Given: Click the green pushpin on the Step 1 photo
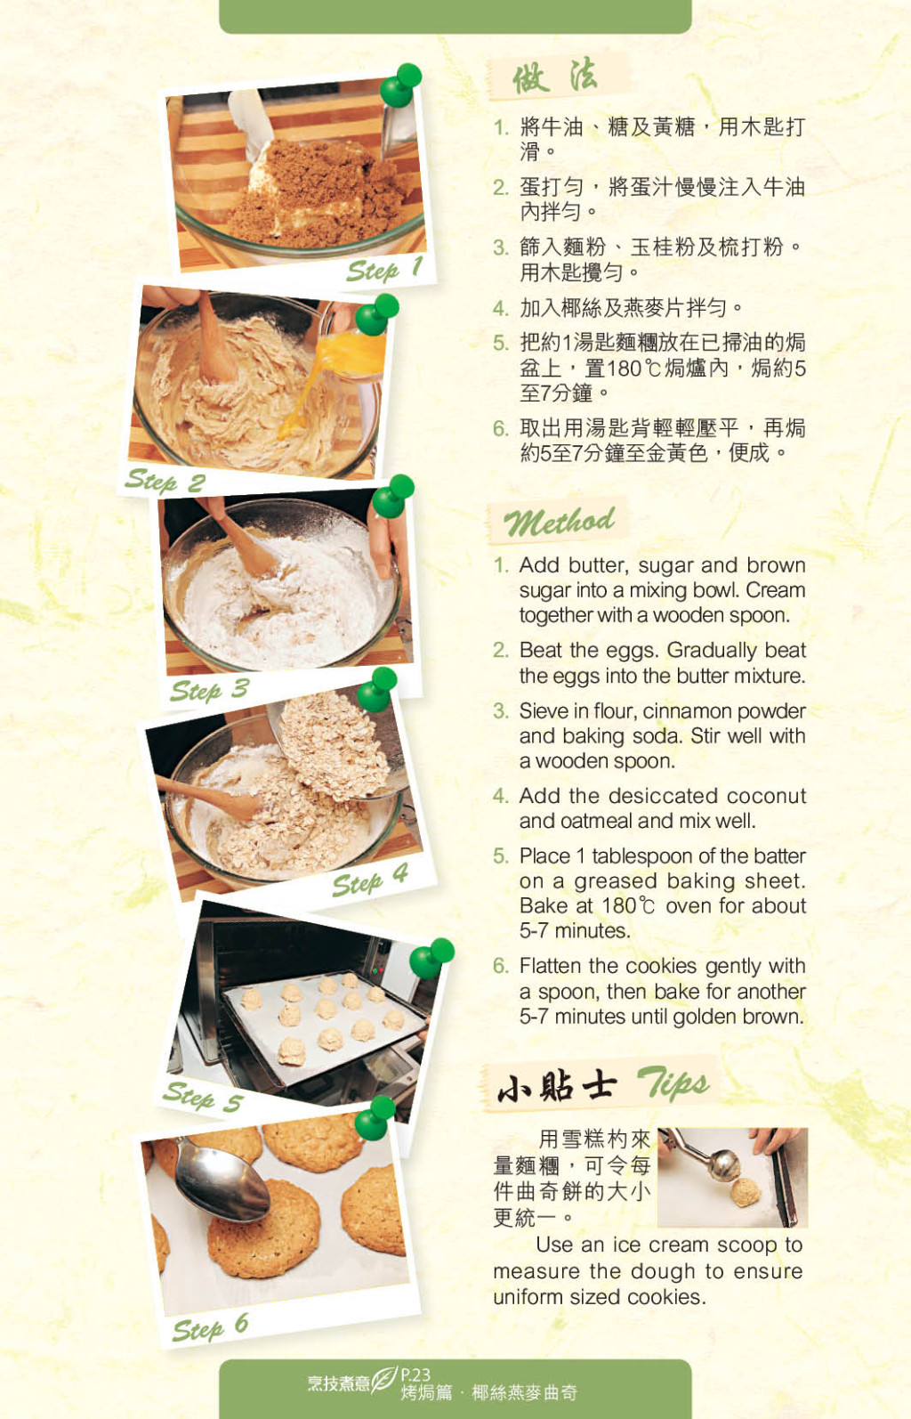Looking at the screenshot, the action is (400, 85).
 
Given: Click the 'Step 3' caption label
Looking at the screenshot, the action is (210, 690).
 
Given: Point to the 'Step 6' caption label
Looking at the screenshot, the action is (210, 1327).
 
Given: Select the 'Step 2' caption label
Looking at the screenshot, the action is (165, 481).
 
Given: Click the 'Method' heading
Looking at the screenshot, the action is (560, 522).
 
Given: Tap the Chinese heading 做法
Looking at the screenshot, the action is (554, 77).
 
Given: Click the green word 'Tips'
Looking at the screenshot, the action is (673, 1082).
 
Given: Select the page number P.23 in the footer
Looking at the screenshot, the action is (415, 1374).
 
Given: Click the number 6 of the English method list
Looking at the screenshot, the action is (501, 966).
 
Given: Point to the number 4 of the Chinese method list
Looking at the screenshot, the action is (500, 309).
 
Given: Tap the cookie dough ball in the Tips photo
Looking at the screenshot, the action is (746, 1192).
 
